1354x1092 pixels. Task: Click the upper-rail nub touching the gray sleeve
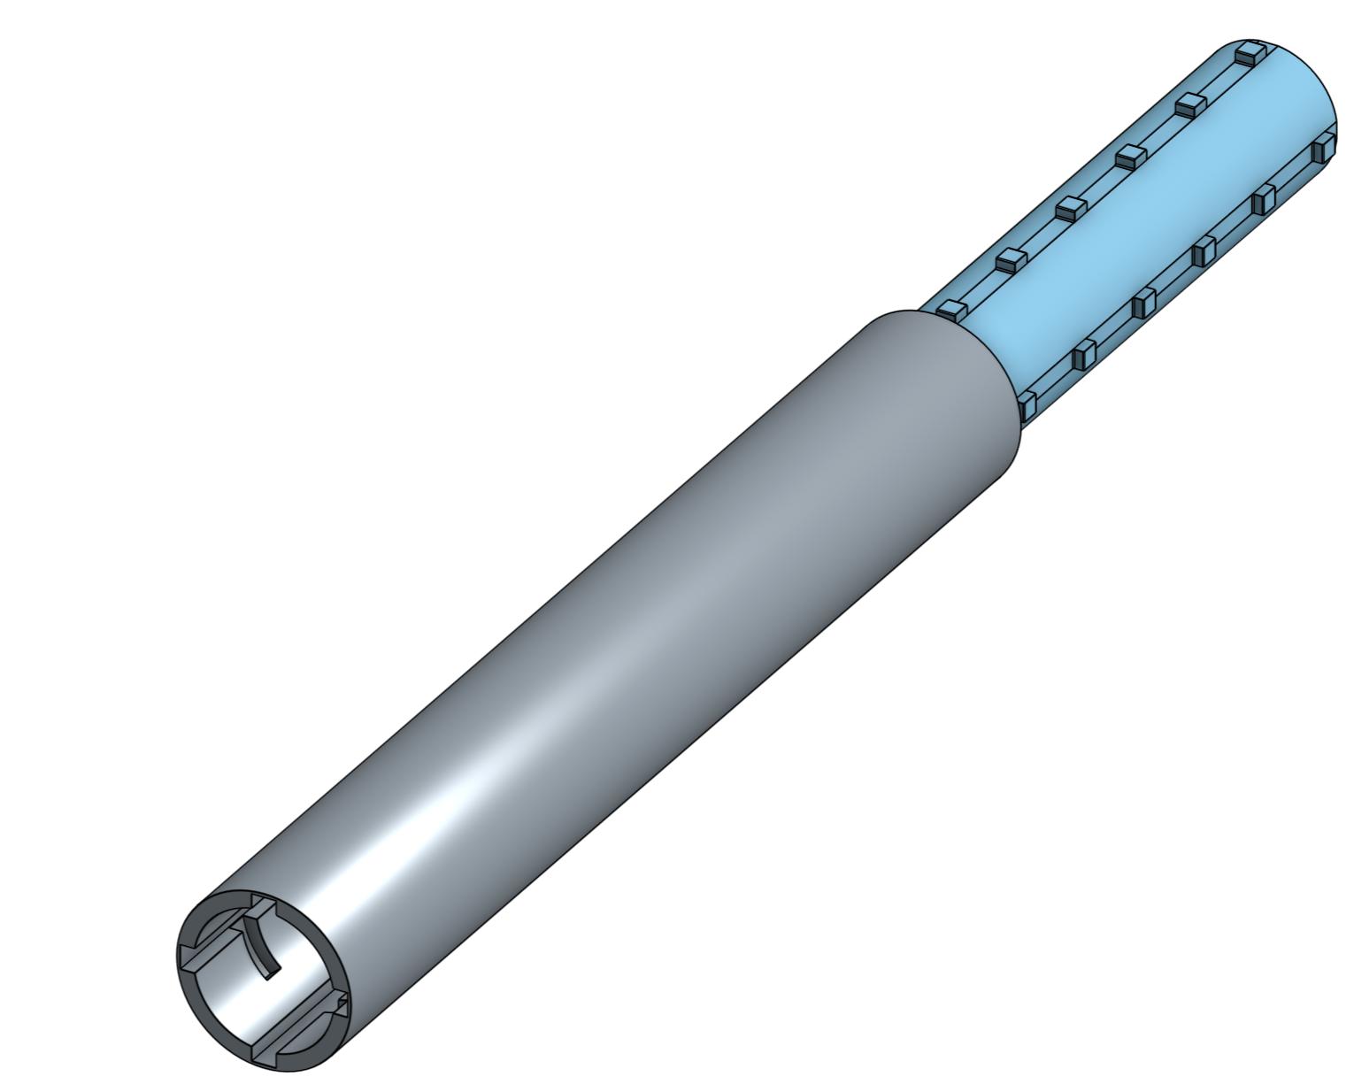click(950, 310)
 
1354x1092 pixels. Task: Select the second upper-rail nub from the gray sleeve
click(1010, 259)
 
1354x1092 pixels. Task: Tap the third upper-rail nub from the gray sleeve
click(1070, 208)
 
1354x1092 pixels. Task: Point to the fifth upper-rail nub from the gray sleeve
click(1189, 104)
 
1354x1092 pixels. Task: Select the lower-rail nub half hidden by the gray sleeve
click(1027, 406)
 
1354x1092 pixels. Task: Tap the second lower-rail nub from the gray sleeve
click(1083, 357)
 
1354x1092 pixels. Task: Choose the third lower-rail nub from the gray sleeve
click(1143, 304)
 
